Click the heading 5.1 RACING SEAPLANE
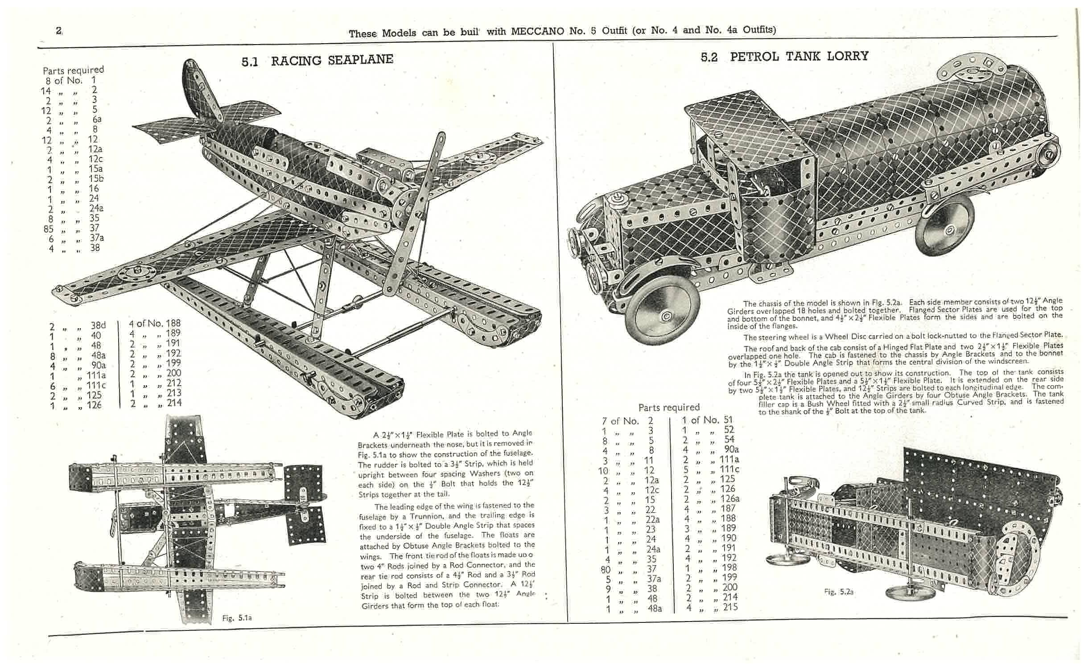pos(317,60)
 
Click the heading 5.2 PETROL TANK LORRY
pos(784,56)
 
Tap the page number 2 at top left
pos(58,31)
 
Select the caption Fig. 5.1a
pos(237,618)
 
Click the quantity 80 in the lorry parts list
pos(606,569)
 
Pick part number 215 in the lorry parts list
pos(730,607)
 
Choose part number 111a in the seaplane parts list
pos(96,375)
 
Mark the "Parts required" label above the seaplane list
pos(73,70)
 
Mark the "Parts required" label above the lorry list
pos(669,407)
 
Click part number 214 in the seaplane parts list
pos(173,403)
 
